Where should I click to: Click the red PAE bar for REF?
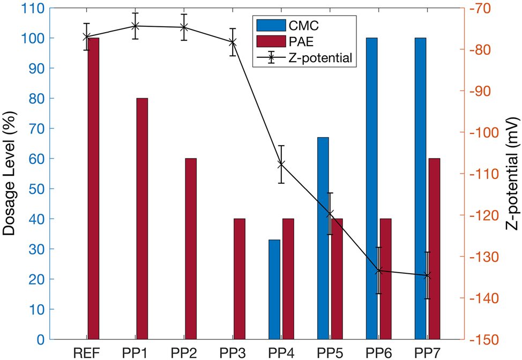point(93,188)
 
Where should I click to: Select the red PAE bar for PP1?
point(142,219)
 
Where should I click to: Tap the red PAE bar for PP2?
point(191,249)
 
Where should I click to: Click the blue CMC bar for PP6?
point(371,188)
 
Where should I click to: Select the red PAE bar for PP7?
point(434,249)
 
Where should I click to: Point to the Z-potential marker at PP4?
point(281,164)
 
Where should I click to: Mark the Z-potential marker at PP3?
point(233,42)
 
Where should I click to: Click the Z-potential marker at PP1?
point(135,26)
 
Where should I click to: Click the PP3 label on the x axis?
point(232,352)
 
